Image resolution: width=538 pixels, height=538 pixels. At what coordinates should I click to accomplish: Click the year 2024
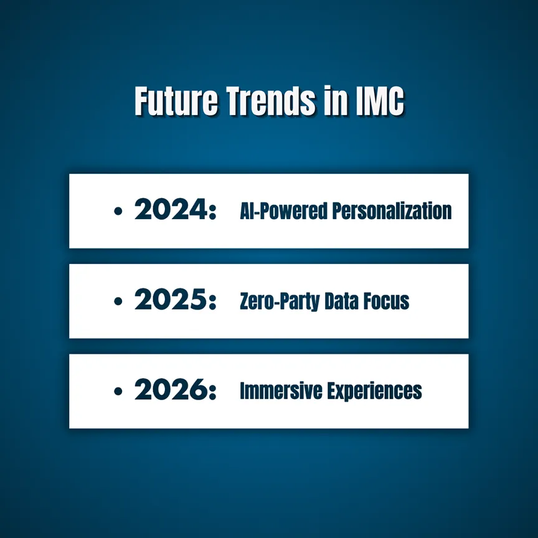pos(171,209)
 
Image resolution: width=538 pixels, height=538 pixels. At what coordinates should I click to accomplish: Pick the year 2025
pos(171,299)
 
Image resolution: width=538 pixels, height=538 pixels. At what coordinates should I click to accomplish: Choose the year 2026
pos(171,389)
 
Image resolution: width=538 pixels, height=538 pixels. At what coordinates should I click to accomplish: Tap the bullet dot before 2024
pos(118,211)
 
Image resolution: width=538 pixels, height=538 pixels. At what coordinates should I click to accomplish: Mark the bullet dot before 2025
pos(118,301)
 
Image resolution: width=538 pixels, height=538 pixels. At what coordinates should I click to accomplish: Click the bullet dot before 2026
pos(118,391)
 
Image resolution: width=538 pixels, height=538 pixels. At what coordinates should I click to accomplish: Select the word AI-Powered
pos(283,211)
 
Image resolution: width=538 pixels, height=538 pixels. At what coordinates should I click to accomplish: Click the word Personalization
pos(392,211)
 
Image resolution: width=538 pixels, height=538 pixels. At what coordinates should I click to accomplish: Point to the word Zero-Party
pos(280,301)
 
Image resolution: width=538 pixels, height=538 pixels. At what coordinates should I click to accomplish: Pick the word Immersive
pos(281,391)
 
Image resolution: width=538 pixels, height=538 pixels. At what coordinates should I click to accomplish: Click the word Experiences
pos(374,392)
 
